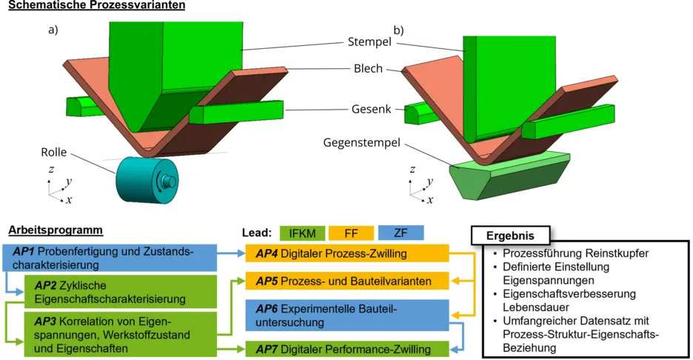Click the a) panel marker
(53, 30)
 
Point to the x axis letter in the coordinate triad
(69, 200)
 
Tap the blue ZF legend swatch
(400, 233)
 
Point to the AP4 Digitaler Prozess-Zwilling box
(347, 253)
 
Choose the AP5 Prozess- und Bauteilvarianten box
(347, 281)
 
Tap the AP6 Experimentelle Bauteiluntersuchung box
(347, 315)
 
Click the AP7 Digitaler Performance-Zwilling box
(347, 349)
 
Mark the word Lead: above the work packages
(261, 233)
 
